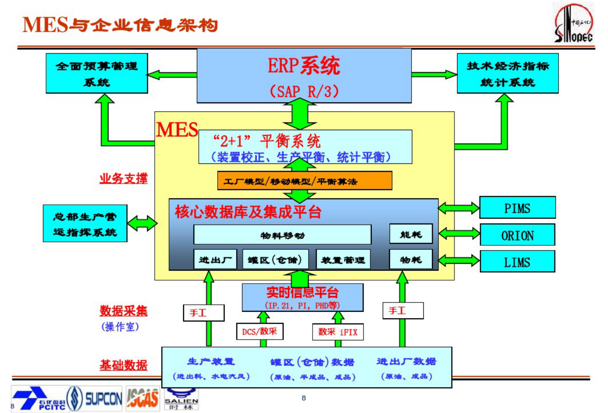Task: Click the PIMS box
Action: pyautogui.click(x=517, y=208)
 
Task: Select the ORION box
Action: pyautogui.click(x=517, y=235)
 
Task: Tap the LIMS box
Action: pyautogui.click(x=517, y=262)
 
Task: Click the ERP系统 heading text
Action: pyautogui.click(x=303, y=66)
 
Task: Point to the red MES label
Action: pyautogui.click(x=177, y=130)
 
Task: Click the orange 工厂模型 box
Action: pyautogui.click(x=305, y=181)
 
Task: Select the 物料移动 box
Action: pyautogui.click(x=282, y=235)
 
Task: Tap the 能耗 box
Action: pyautogui.click(x=411, y=234)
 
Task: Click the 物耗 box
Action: pyautogui.click(x=411, y=260)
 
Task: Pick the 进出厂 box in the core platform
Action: pyautogui.click(x=215, y=260)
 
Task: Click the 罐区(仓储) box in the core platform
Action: pyautogui.click(x=274, y=260)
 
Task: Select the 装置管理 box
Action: pyautogui.click(x=343, y=260)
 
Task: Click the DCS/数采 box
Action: pyautogui.click(x=259, y=331)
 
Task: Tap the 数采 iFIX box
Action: pyautogui.click(x=338, y=332)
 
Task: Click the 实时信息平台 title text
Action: pyautogui.click(x=302, y=293)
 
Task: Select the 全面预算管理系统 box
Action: pyautogui.click(x=97, y=73)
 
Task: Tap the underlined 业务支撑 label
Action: pyautogui.click(x=123, y=179)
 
